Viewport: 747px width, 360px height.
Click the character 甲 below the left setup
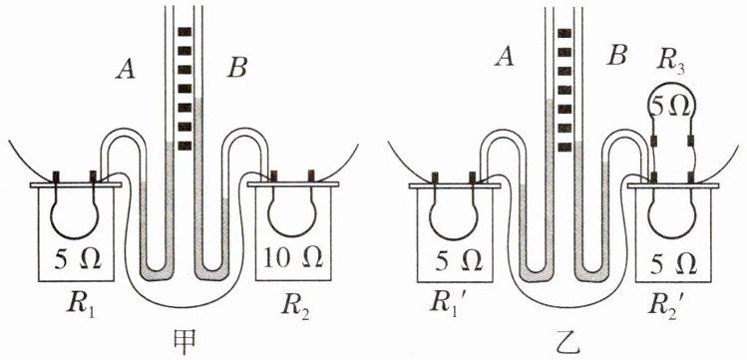click(x=184, y=341)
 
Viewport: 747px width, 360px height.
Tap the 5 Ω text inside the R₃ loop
click(x=671, y=109)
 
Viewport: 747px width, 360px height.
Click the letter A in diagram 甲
click(x=126, y=70)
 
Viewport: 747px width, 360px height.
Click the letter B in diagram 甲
click(x=236, y=70)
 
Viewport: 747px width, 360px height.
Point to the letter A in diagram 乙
click(x=504, y=58)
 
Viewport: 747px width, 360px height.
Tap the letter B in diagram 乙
click(x=617, y=58)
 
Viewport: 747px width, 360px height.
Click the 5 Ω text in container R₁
click(x=78, y=259)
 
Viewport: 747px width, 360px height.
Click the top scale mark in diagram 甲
click(x=185, y=32)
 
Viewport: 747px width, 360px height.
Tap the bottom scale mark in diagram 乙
click(x=564, y=148)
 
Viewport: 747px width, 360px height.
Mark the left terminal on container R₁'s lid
click(x=56, y=177)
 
